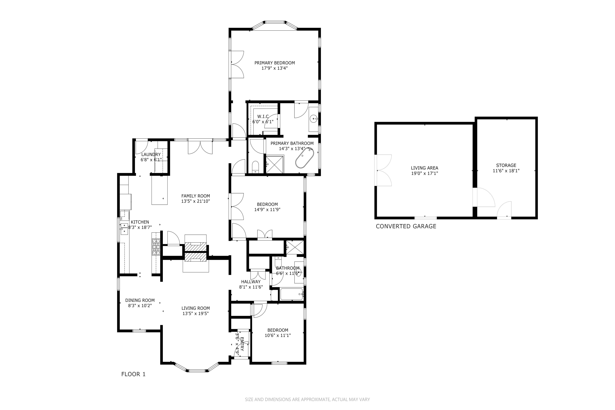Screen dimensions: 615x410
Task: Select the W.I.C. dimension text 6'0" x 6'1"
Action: (x=263, y=122)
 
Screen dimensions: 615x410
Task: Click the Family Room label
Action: (x=196, y=196)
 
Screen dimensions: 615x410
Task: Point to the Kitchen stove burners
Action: (x=156, y=247)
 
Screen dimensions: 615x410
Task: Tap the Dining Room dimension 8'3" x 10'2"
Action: (x=140, y=305)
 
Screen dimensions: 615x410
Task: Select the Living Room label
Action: (x=196, y=308)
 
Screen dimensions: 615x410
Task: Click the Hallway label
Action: (x=251, y=282)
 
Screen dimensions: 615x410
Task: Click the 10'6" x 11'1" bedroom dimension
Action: (x=278, y=335)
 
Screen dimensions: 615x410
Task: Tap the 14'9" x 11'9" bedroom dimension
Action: (x=267, y=209)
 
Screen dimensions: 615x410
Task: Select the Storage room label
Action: (x=506, y=165)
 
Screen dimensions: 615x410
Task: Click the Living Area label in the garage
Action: (x=424, y=168)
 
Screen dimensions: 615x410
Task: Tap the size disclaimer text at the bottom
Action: (x=307, y=399)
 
